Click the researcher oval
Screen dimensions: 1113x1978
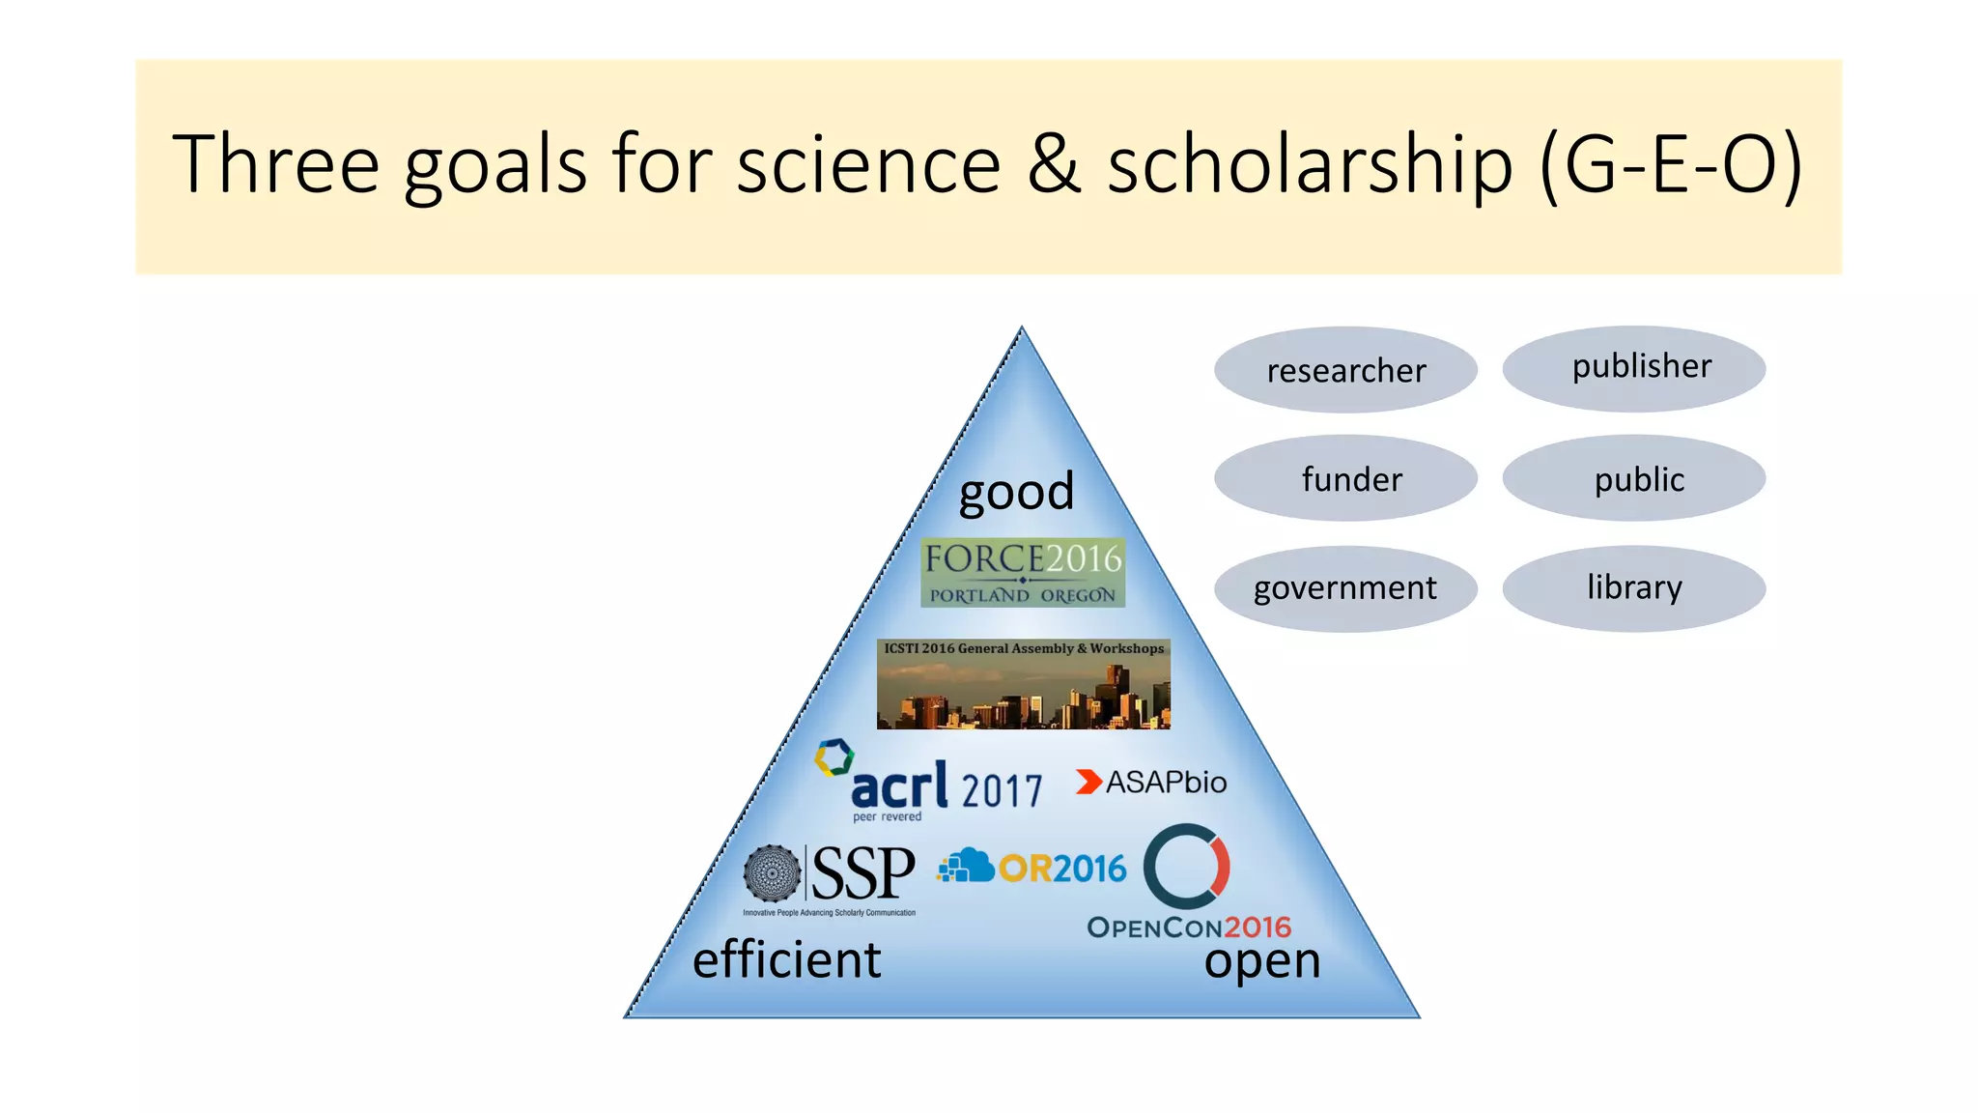point(1345,370)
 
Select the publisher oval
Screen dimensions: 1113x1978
point(1634,368)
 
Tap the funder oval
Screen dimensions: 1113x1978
point(1345,478)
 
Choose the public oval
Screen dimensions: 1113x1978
point(1634,478)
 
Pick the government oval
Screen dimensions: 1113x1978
point(1345,587)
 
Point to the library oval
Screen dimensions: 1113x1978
point(1634,587)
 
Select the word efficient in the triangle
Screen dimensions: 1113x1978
point(787,960)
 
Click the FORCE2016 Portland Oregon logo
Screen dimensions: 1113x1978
point(1023,573)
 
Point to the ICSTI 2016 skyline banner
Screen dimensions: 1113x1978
point(1023,684)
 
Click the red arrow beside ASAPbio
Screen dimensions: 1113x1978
point(1088,782)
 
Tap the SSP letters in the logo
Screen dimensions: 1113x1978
point(862,872)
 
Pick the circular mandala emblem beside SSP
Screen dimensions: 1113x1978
point(772,873)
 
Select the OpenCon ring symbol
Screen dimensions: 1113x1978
point(1186,866)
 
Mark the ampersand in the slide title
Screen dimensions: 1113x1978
point(1054,164)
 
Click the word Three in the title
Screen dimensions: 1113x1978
point(276,164)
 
